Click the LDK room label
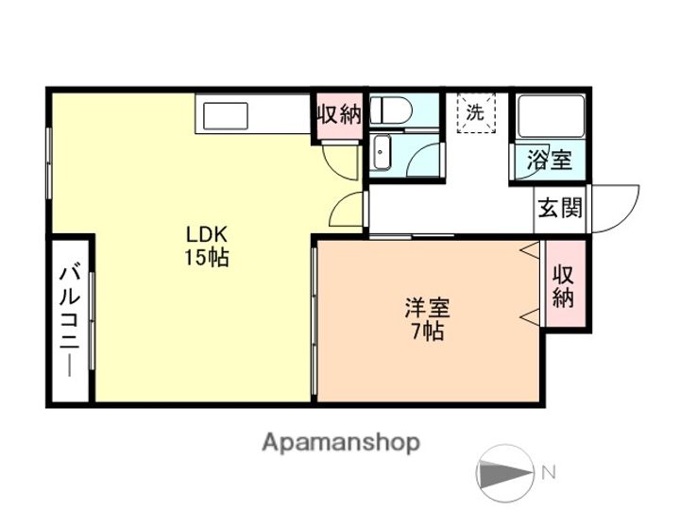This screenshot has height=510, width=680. [207, 234]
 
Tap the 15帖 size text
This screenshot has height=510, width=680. [207, 258]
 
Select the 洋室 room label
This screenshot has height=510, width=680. [427, 308]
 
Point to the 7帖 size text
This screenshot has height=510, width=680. [427, 331]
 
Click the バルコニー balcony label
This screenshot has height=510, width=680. [70, 320]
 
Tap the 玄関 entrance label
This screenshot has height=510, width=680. [560, 208]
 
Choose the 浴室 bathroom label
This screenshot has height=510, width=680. [550, 160]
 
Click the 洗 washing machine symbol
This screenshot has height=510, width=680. [476, 113]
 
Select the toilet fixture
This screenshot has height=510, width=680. [390, 110]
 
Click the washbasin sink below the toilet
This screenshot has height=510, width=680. [382, 152]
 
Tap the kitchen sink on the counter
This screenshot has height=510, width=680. [226, 116]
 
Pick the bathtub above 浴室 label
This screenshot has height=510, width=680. [551, 115]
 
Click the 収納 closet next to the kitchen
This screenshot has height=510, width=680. [339, 115]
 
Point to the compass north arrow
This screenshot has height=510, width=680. [505, 472]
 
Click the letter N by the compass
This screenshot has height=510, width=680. [549, 472]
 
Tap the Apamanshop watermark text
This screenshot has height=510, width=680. [341, 443]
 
